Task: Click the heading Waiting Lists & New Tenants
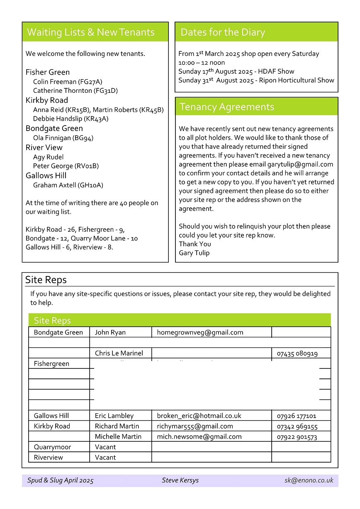[90, 32]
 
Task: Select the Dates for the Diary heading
[223, 32]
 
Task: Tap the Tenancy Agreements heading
[227, 107]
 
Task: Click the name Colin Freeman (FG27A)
[68, 82]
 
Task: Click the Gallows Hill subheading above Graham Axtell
[46, 175]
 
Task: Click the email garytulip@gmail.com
[300, 164]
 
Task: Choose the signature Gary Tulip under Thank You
[194, 253]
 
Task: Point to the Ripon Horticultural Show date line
[256, 80]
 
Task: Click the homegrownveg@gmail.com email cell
[200, 332]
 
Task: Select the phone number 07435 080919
[297, 354]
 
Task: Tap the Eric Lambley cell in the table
[114, 416]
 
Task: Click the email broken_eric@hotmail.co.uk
[199, 416]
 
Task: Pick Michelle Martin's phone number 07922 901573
[297, 437]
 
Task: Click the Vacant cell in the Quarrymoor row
[105, 447]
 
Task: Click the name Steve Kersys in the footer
[180, 480]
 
